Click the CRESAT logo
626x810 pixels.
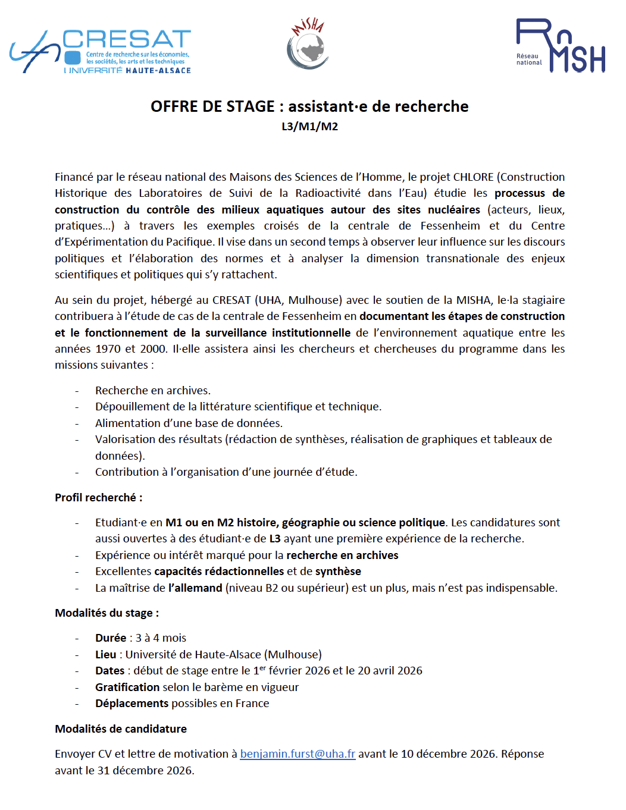[100, 52]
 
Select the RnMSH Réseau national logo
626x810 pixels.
[561, 46]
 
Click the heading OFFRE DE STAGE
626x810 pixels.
[309, 106]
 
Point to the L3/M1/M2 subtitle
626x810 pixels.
[309, 126]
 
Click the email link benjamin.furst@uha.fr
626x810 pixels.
[298, 754]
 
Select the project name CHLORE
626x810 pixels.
[473, 177]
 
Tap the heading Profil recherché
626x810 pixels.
[98, 497]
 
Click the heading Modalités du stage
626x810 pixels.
[107, 613]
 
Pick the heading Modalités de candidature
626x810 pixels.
[121, 729]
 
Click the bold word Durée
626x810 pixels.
[111, 638]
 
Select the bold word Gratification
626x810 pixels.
[127, 687]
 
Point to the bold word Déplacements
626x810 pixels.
[132, 703]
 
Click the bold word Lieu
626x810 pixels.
[106, 654]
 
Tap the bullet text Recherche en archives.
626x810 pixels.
[153, 390]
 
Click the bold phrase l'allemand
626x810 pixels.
[195, 588]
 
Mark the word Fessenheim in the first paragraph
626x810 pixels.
[450, 225]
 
